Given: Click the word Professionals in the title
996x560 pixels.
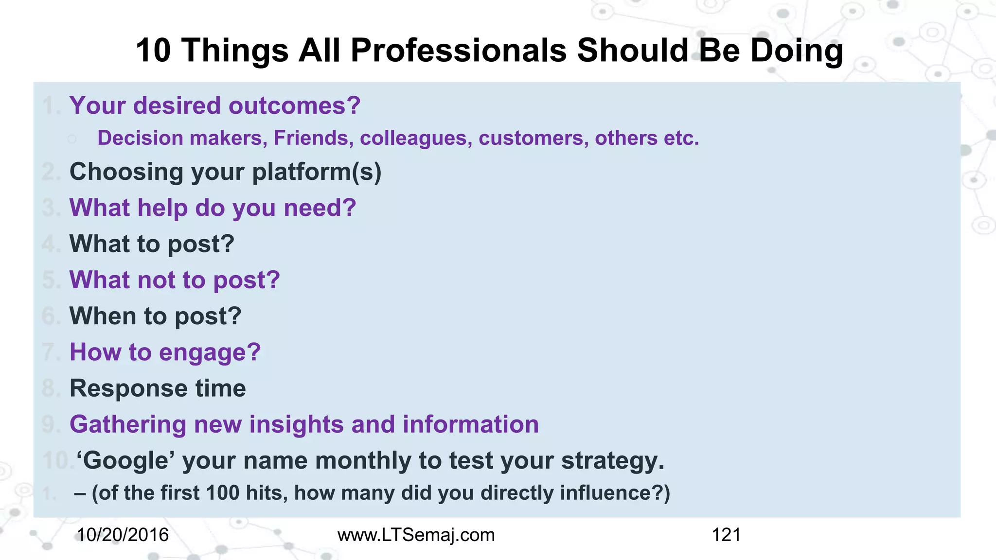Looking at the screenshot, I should click(458, 51).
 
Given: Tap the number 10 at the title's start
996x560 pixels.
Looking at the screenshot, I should click(153, 51).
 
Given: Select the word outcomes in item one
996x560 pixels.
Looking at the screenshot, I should click(294, 106).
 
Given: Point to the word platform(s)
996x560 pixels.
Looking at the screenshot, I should click(317, 172).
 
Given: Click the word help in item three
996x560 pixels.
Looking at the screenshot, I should click(162, 208).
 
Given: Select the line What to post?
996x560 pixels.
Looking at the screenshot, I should click(152, 244).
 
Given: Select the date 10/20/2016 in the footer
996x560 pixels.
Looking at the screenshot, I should click(123, 535).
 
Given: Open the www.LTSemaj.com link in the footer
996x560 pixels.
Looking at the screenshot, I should click(416, 535).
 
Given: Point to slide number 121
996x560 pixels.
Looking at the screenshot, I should click(726, 535).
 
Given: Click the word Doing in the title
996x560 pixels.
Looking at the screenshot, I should click(796, 51).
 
